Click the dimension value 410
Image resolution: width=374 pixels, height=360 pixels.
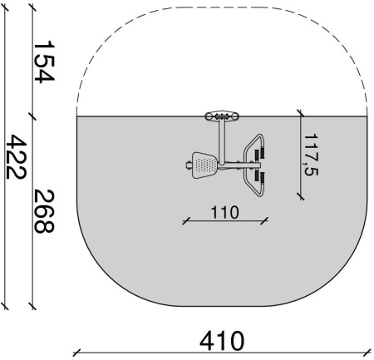pyautogui.click(x=222, y=341)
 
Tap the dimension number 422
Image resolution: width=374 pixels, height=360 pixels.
pyautogui.click(x=16, y=156)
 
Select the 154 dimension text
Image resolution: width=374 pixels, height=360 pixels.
pyautogui.click(x=44, y=62)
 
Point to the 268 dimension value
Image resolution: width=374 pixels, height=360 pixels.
pyautogui.click(x=44, y=211)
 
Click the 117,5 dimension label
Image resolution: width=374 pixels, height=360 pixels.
pyautogui.click(x=311, y=155)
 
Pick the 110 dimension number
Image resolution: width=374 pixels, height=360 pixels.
pyautogui.click(x=224, y=212)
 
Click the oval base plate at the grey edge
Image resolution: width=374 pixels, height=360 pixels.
pyautogui.click(x=222, y=116)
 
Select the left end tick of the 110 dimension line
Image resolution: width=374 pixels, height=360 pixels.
pyautogui.click(x=186, y=221)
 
